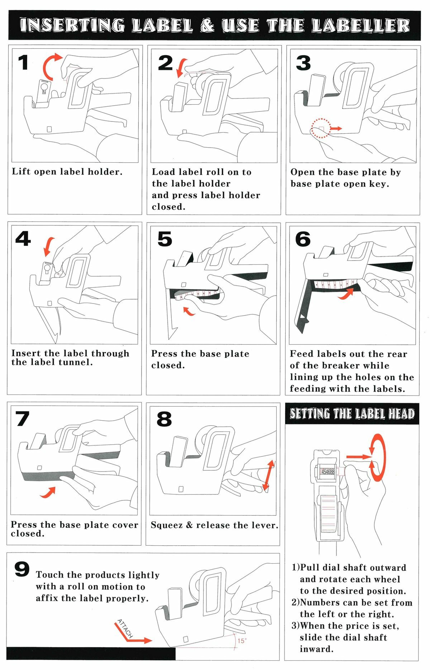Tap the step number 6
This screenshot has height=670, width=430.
(303, 239)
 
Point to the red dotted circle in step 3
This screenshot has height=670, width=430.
(321, 128)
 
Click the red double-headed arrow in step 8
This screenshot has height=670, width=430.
(268, 475)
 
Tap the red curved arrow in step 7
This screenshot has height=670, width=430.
(48, 492)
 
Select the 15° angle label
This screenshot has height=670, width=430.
(242, 641)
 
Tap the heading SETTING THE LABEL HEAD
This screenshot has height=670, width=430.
(352, 414)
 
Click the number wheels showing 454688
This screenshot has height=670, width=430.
(328, 472)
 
